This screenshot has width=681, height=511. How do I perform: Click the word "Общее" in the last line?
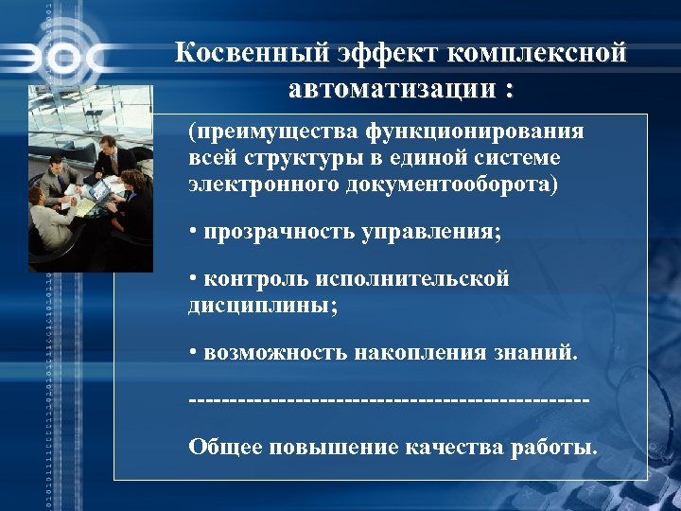tap(224, 447)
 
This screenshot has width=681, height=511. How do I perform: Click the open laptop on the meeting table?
tap(97, 189)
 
